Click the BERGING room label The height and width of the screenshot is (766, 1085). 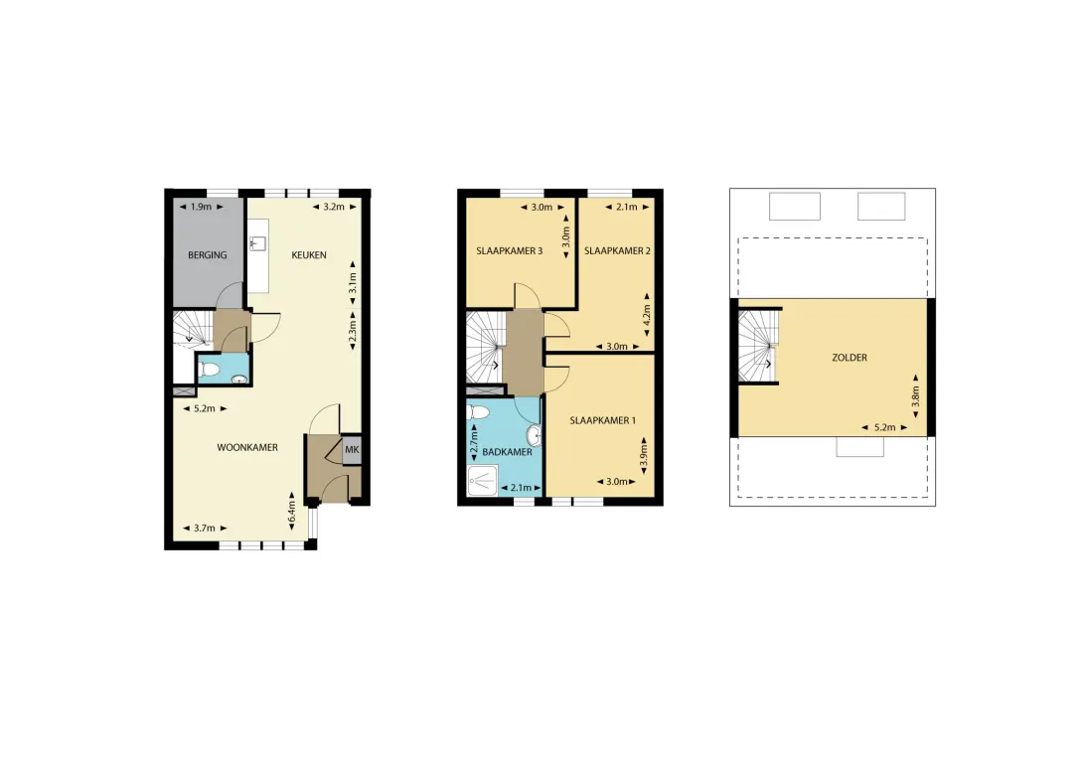(207, 255)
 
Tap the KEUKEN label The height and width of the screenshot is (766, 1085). (309, 255)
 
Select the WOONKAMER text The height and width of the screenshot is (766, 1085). (247, 448)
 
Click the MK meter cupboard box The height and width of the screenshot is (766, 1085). (352, 450)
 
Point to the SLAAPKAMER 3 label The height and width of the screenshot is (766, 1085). (510, 251)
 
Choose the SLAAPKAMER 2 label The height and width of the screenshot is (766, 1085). (617, 251)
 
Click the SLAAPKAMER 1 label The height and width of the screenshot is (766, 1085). (603, 420)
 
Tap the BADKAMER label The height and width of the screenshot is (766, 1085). (507, 452)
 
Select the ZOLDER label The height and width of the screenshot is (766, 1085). (850, 358)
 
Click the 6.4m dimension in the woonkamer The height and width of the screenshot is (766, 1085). (291, 512)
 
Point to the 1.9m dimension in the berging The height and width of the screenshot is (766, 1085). (202, 207)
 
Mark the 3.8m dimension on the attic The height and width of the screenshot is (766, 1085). (915, 396)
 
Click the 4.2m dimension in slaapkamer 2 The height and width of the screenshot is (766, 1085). (647, 315)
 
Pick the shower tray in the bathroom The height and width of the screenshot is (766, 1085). (482, 480)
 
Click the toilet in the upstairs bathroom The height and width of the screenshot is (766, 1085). (478, 413)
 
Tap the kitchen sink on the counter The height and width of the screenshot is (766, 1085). (257, 242)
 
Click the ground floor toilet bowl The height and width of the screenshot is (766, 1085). (209, 370)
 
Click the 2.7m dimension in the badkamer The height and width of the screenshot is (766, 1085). (474, 443)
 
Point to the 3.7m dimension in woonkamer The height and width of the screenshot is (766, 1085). (205, 528)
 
